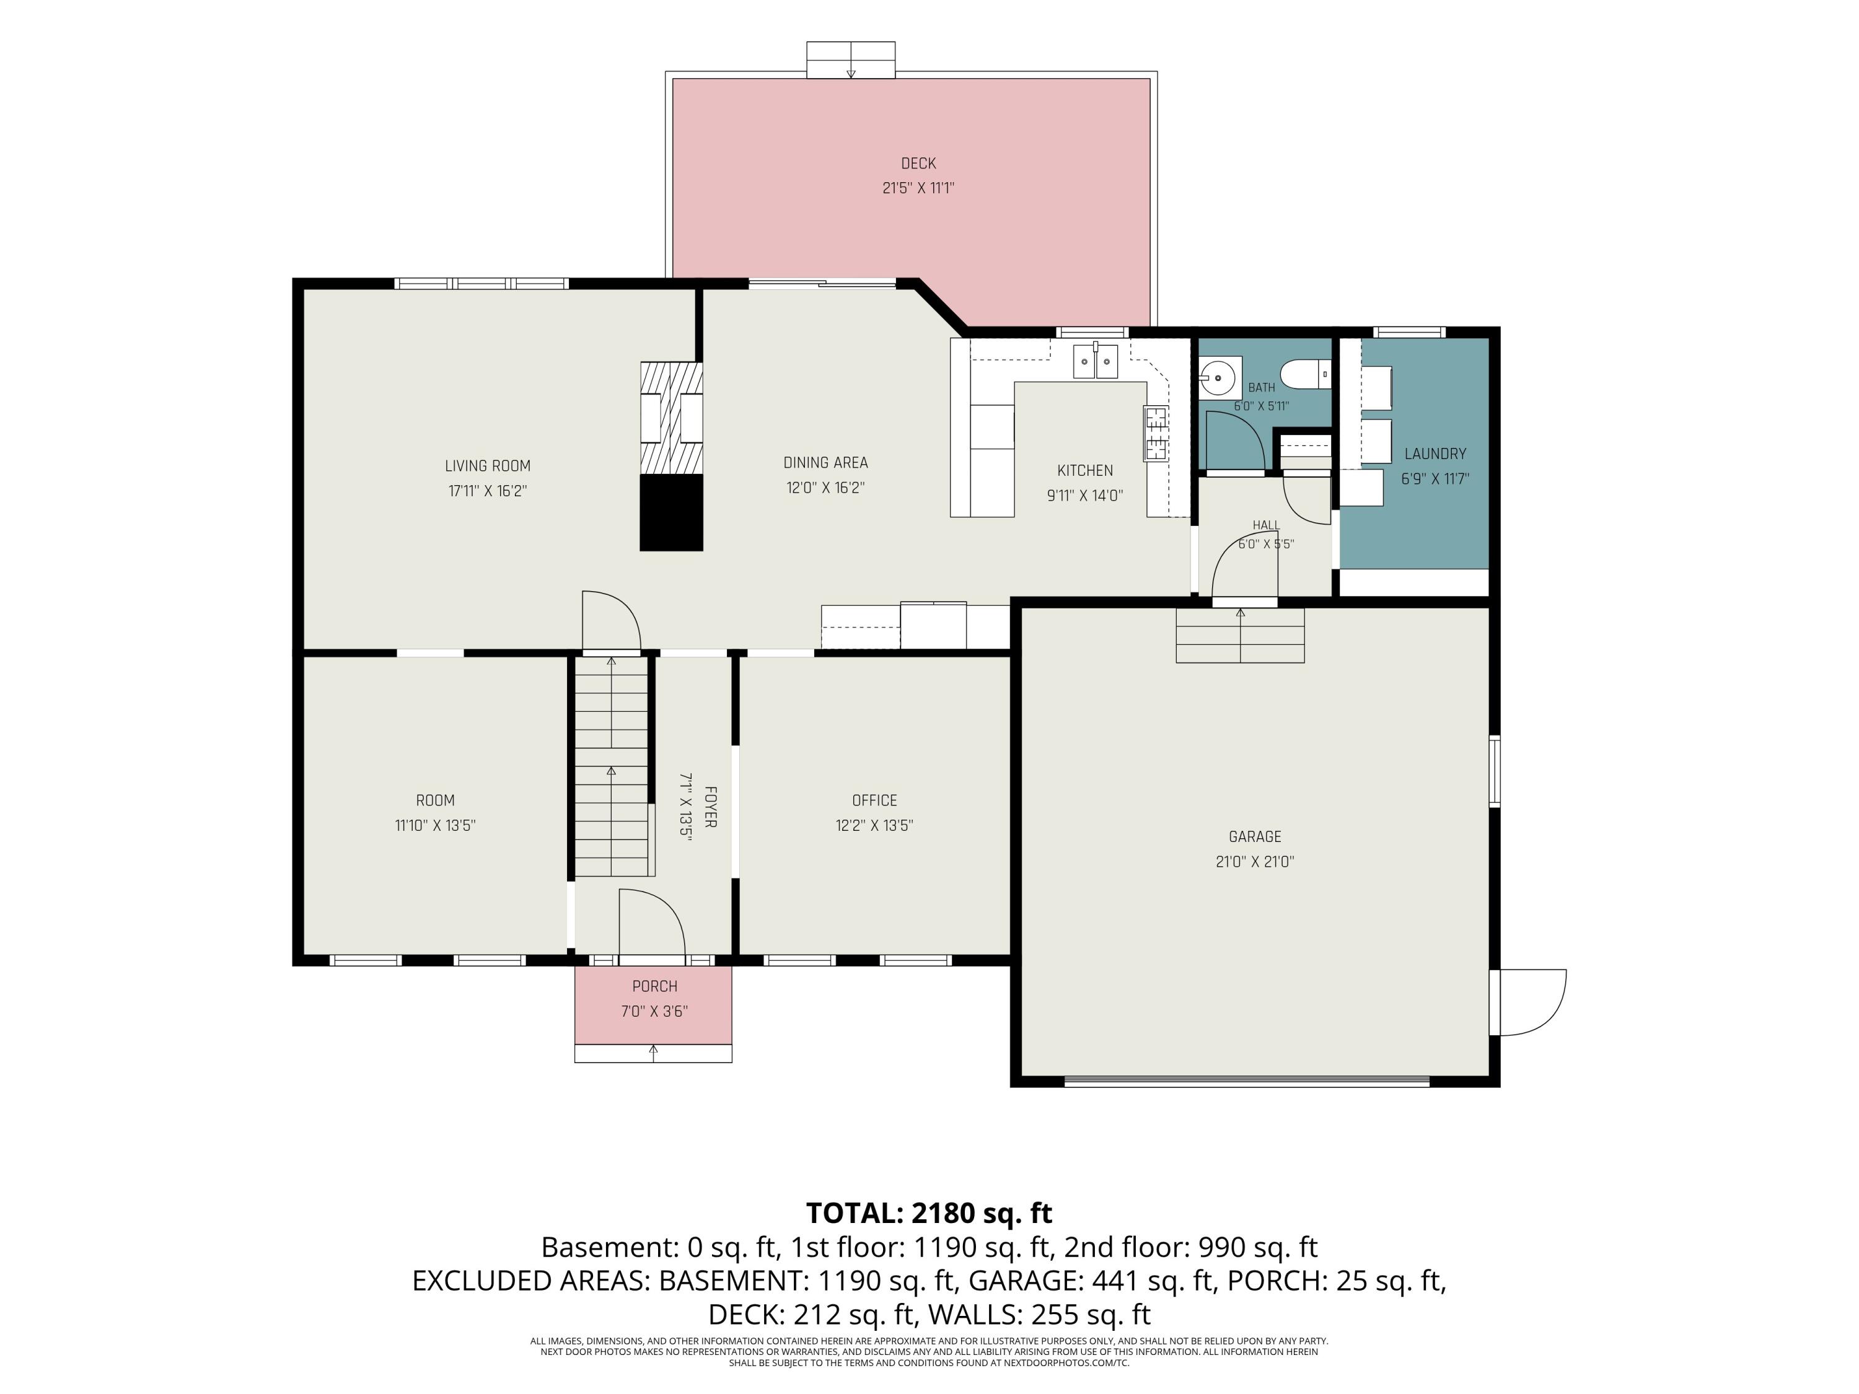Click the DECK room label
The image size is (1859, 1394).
click(918, 164)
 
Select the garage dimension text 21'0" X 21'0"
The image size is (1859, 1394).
click(1255, 861)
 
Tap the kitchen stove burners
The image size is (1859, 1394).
click(1156, 434)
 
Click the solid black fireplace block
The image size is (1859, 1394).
click(672, 512)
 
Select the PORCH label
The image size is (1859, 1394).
click(655, 986)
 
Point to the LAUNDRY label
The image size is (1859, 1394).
click(1435, 454)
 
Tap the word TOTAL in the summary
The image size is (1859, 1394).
click(854, 1213)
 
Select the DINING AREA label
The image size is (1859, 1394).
click(825, 463)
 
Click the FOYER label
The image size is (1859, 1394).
click(710, 807)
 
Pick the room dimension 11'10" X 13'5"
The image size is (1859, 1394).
click(436, 825)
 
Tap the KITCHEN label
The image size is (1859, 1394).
click(1085, 470)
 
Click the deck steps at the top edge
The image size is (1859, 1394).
click(851, 59)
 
